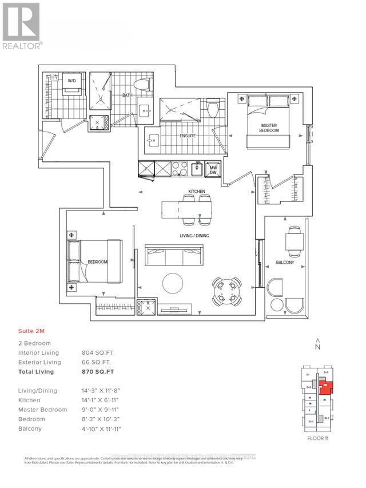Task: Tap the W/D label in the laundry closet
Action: (72, 81)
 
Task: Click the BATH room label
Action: (127, 96)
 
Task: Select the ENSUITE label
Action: (188, 136)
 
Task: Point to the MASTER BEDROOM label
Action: (269, 128)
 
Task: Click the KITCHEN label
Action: (197, 191)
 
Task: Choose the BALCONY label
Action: (285, 263)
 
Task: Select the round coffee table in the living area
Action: (172, 283)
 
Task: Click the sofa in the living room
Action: (174, 255)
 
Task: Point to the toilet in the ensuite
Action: (213, 108)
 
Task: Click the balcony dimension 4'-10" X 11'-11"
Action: (102, 429)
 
